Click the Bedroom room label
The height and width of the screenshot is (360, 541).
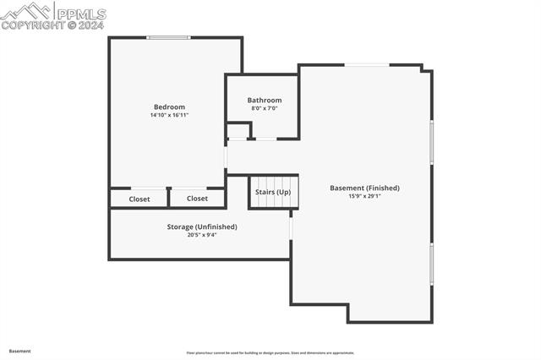[169, 106]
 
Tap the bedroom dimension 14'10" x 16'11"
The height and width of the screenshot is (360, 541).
[169, 115]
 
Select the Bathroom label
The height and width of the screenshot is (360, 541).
[265, 100]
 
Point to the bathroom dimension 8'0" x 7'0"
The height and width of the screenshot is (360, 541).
[265, 108]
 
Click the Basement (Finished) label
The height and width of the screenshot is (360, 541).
[364, 188]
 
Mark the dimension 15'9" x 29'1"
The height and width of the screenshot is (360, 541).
[364, 196]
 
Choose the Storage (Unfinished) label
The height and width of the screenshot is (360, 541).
[202, 226]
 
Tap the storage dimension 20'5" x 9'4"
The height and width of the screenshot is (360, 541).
[202, 235]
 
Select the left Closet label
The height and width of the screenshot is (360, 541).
[139, 199]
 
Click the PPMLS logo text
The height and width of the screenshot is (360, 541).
[81, 14]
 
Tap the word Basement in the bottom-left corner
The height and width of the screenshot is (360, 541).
[20, 351]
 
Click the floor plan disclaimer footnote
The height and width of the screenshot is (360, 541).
[270, 353]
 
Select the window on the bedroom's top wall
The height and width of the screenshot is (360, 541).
[168, 37]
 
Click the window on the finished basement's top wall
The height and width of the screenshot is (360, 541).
[367, 65]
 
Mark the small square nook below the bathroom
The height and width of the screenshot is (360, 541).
[239, 130]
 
